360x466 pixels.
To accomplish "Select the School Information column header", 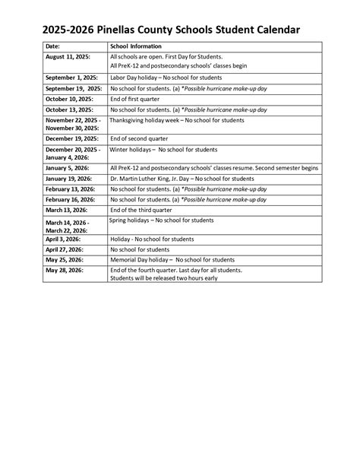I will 137,46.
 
